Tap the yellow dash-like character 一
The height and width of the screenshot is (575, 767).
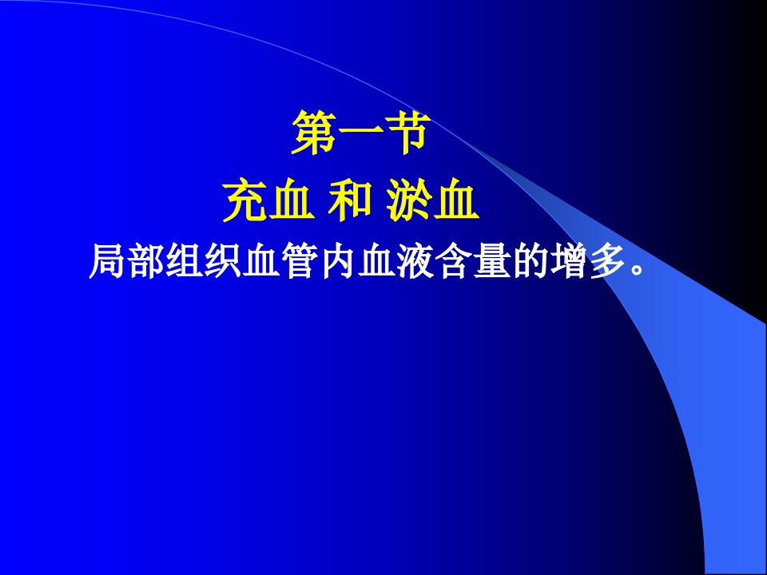pos(360,133)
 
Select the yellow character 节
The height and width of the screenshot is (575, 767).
pos(407,133)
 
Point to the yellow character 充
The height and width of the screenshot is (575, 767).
pos(245,200)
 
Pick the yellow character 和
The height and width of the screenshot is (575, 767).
pos(350,200)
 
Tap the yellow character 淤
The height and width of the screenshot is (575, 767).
pos(409,200)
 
